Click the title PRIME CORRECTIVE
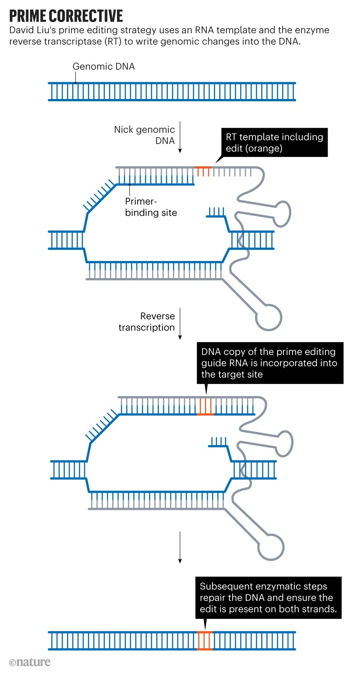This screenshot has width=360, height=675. pyautogui.click(x=66, y=16)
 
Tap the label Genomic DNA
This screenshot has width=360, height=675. pyautogui.click(x=103, y=67)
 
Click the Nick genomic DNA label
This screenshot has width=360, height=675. pyautogui.click(x=144, y=136)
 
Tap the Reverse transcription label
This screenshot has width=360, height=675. pyautogui.click(x=147, y=322)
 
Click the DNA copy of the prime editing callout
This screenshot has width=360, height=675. pyautogui.click(x=270, y=363)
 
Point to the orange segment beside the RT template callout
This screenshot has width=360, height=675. pyautogui.click(x=203, y=171)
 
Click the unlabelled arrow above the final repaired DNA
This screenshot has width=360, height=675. pyautogui.click(x=180, y=547)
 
